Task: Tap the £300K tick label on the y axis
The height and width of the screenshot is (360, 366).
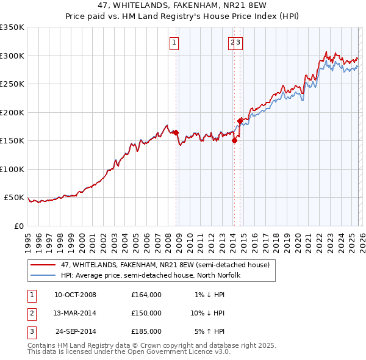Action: point(12,56)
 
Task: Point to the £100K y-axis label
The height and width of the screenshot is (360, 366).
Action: point(12,169)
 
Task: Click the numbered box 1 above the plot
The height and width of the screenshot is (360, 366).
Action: point(174,42)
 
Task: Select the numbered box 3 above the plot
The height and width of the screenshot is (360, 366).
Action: point(239,42)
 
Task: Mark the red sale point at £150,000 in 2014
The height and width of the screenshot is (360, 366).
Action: point(234,140)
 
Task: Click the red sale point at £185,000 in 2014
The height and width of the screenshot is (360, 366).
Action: point(240,120)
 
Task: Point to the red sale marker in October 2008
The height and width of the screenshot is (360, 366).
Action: point(176,132)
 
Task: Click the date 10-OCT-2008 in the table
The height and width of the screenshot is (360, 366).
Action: point(75,295)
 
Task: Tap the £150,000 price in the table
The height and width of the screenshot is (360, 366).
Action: point(146,313)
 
